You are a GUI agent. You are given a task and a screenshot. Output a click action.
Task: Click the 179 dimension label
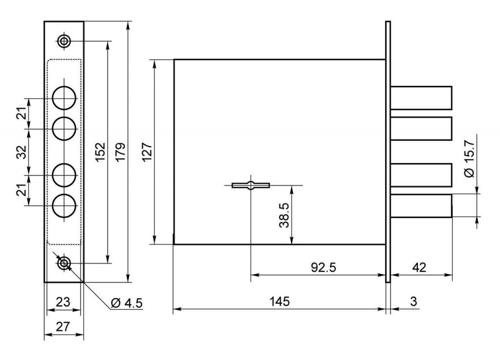(x=120, y=152)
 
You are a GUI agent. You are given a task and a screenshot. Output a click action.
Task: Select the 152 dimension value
(x=100, y=152)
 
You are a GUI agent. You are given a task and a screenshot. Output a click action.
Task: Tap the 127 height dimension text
(x=147, y=152)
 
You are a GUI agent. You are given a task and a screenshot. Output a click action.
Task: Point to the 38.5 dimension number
(x=284, y=216)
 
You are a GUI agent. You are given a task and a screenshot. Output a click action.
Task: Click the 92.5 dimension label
(x=323, y=268)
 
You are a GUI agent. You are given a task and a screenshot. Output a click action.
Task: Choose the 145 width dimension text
(x=280, y=301)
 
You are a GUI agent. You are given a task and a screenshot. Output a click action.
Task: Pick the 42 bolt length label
(x=419, y=268)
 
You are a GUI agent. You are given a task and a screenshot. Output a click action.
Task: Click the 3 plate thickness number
(x=414, y=301)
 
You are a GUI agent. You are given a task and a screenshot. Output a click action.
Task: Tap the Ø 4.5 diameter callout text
(x=127, y=303)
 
